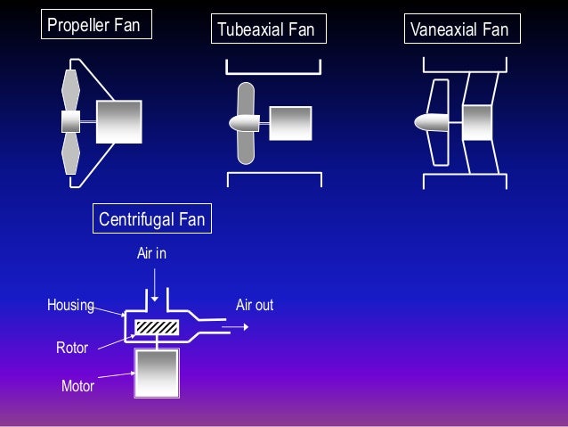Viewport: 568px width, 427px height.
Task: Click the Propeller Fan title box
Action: click(x=93, y=25)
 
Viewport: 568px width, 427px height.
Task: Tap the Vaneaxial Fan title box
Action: click(x=459, y=30)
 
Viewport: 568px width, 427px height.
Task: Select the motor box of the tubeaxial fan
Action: click(x=290, y=123)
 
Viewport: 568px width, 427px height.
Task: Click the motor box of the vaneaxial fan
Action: click(x=477, y=122)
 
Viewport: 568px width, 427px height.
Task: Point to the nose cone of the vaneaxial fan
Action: click(x=433, y=122)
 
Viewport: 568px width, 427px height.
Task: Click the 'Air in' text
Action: click(x=151, y=254)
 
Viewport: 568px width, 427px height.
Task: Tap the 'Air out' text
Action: click(x=255, y=306)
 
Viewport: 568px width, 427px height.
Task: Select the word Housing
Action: click(x=70, y=306)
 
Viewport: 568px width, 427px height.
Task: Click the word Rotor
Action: click(x=72, y=348)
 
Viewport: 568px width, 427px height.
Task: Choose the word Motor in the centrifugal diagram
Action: click(x=77, y=387)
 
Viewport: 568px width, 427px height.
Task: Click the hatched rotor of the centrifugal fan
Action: click(x=158, y=326)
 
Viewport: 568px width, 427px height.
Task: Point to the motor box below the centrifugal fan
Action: click(x=157, y=372)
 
